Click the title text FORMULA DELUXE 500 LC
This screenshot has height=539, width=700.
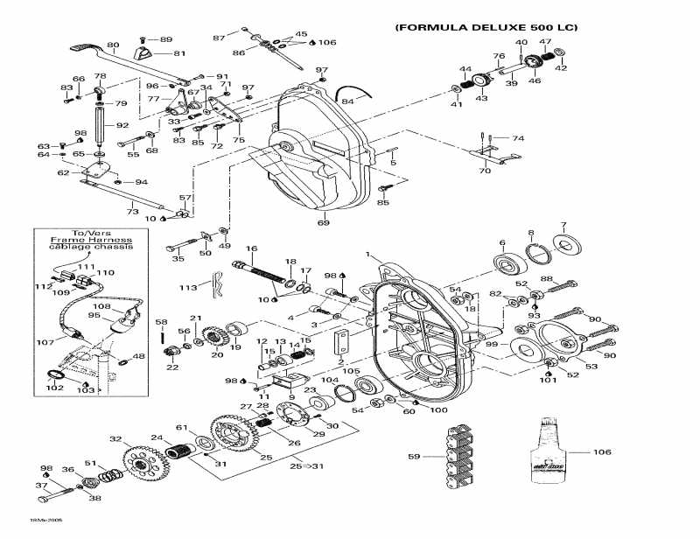486,27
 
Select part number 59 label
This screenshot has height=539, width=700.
414,457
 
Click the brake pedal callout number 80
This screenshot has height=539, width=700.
112,45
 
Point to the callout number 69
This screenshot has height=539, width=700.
324,224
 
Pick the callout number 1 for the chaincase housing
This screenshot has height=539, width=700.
369,255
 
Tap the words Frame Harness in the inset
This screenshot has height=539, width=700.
78,240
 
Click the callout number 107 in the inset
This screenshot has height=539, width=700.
44,342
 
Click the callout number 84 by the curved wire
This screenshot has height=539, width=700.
347,101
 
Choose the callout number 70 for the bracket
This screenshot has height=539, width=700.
485,171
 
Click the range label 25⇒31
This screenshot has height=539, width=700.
308,465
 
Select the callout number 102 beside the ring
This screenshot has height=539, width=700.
55,388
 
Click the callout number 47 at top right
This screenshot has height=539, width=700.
545,42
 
